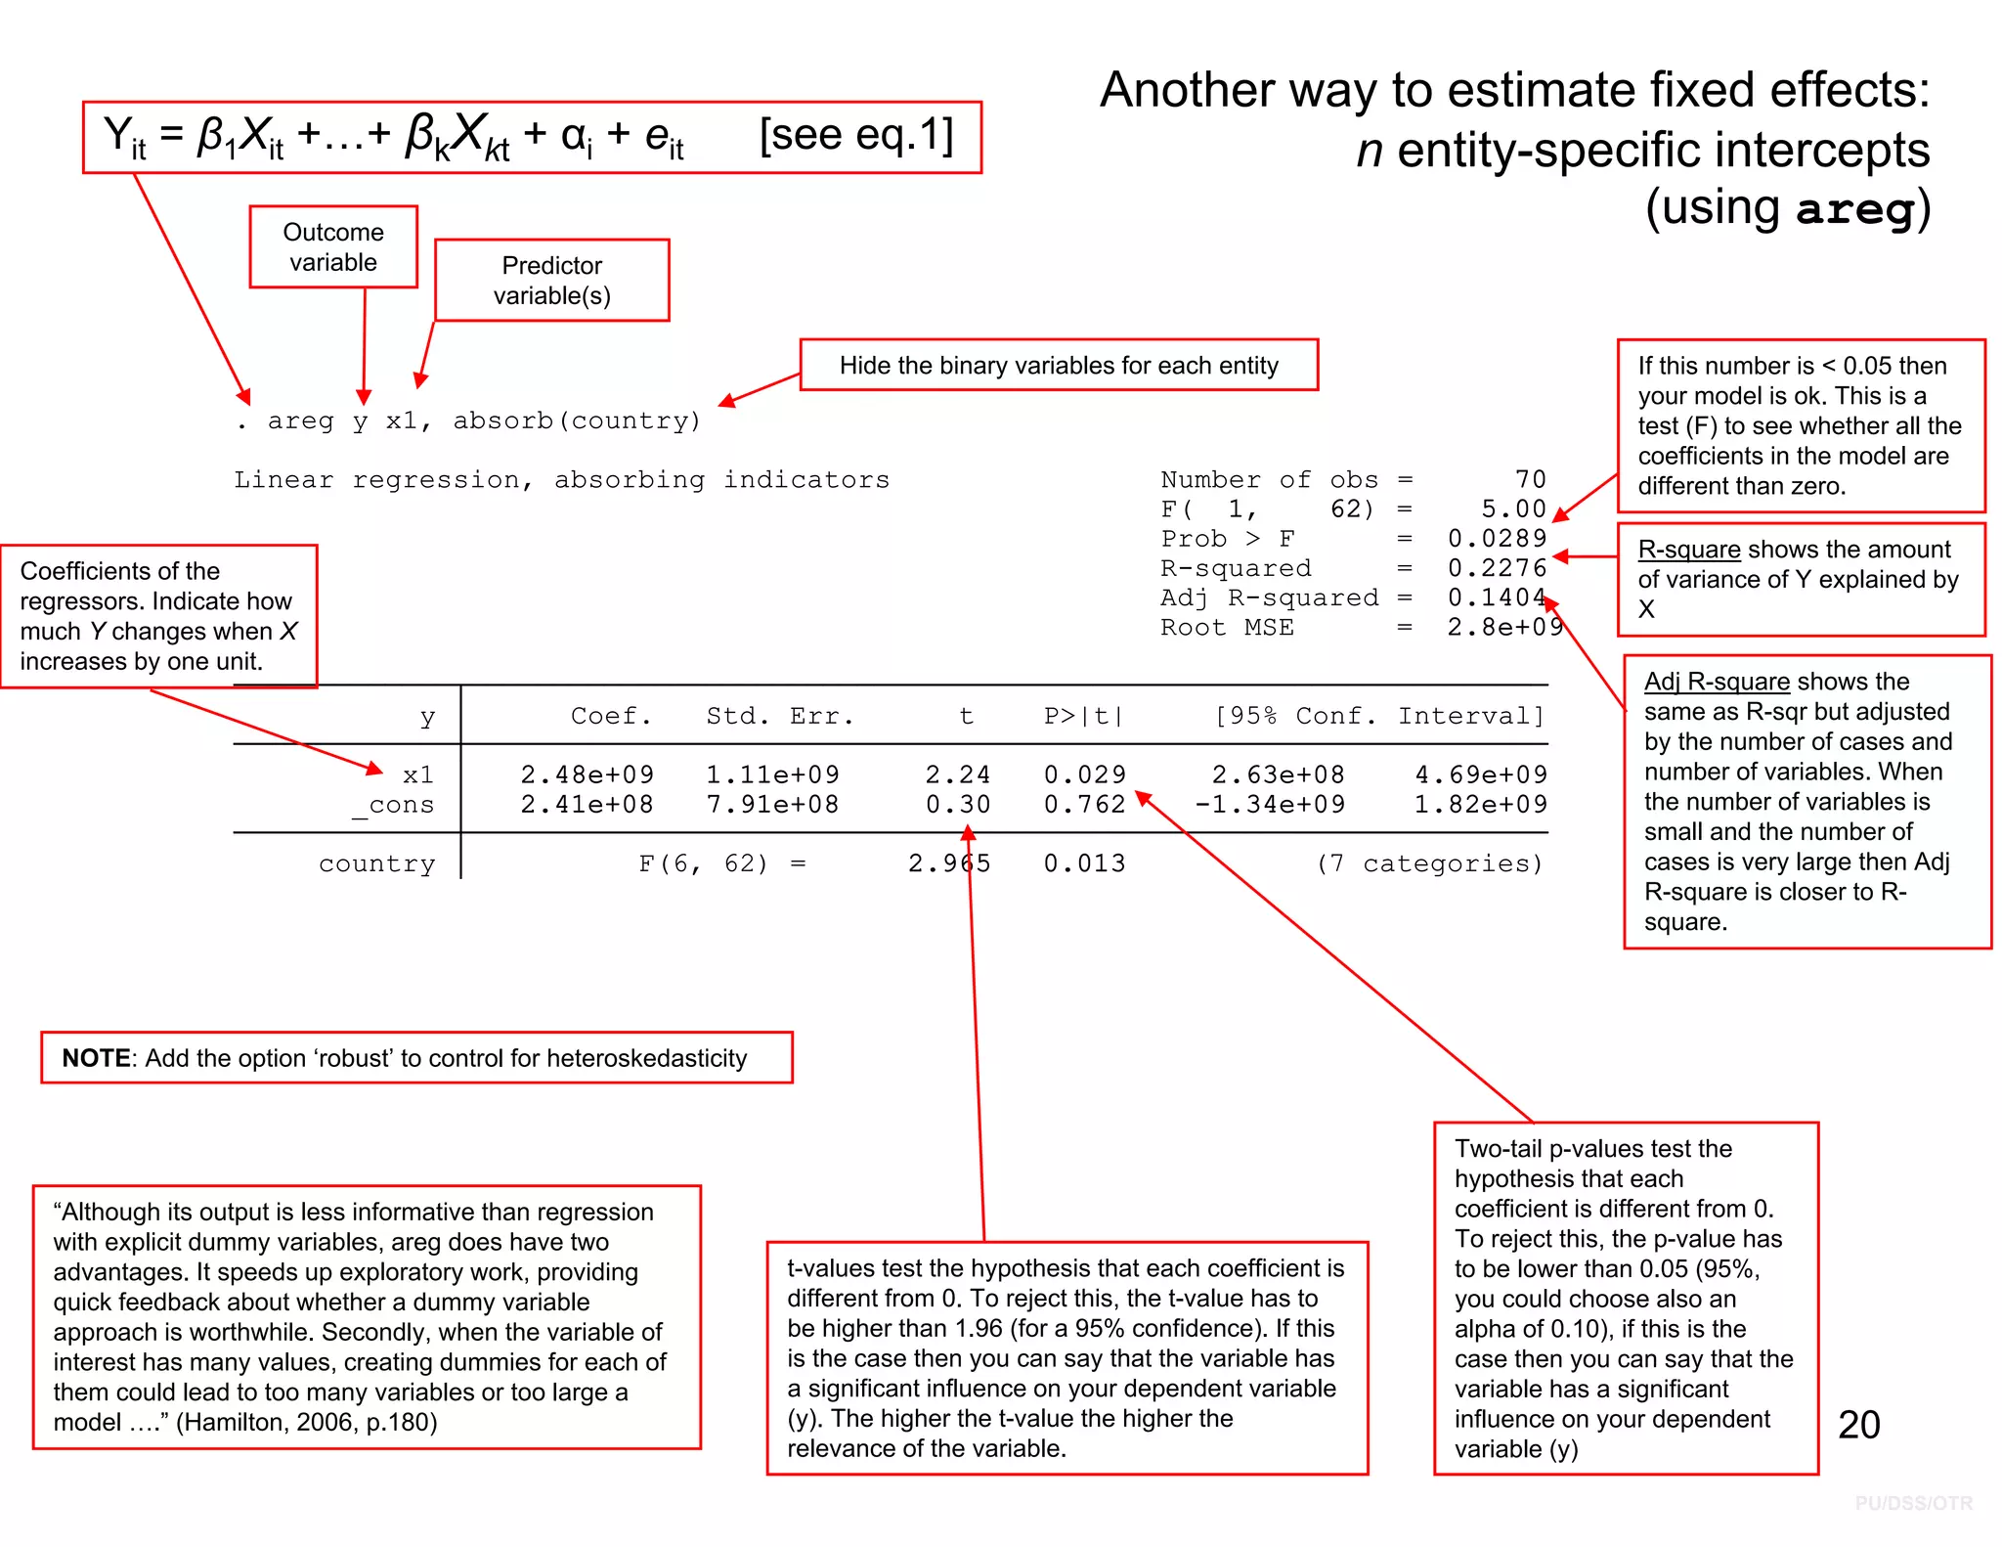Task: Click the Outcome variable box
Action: (333, 247)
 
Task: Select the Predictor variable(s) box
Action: (552, 281)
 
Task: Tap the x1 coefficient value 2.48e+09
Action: (587, 775)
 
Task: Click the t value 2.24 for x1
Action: (958, 775)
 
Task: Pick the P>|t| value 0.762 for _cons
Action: (1084, 805)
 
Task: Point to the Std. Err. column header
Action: (780, 717)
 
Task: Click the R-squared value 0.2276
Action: (1497, 568)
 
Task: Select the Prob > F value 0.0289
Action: (1497, 539)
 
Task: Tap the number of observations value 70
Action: (1530, 480)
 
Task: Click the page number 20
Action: (1858, 1425)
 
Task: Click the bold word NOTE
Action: (96, 1058)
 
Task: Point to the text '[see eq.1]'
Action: (856, 135)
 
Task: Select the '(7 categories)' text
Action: (1429, 864)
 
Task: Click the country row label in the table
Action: (376, 864)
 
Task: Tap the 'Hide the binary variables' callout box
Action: (1059, 366)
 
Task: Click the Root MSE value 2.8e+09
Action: (1505, 628)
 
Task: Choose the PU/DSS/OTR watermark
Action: (1913, 1503)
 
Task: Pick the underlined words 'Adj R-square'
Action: (1716, 682)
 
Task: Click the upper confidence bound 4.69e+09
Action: (1481, 775)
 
